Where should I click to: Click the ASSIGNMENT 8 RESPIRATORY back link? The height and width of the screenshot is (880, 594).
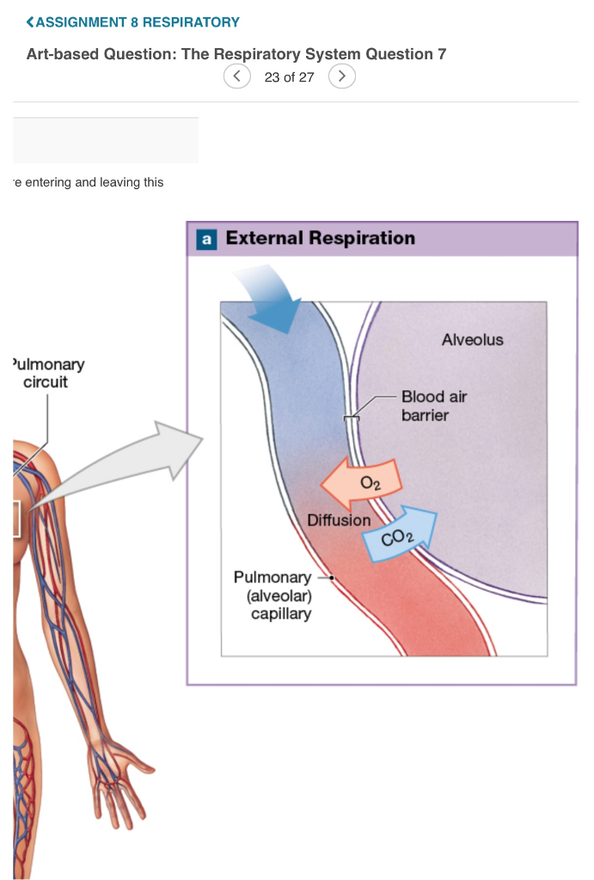133,21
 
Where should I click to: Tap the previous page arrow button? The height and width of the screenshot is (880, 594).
237,76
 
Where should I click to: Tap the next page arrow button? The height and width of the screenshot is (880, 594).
342,76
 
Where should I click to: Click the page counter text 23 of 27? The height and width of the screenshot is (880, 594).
290,77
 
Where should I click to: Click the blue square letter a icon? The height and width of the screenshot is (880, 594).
206,239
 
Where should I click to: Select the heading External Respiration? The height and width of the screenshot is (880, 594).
320,238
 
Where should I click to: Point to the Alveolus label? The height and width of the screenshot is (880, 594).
472,339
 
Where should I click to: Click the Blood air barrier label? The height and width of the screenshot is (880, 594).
433,406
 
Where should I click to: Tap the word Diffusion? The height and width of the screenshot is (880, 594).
339,520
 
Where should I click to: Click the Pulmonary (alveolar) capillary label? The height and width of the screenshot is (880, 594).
273,595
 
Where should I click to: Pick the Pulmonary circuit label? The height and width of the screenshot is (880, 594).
48,373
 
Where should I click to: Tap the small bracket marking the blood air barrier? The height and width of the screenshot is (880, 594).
351,419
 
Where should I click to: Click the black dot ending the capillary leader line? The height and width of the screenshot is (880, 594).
332,577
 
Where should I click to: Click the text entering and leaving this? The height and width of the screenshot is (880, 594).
89,182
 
